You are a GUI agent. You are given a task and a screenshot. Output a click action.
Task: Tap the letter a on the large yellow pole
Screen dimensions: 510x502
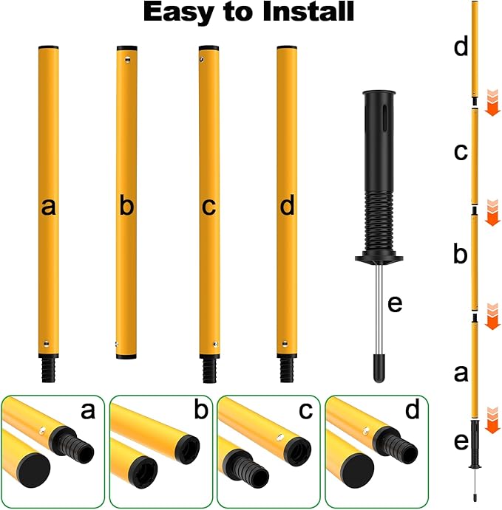pos(49,207)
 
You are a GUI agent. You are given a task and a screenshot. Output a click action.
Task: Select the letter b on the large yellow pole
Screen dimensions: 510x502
pos(126,207)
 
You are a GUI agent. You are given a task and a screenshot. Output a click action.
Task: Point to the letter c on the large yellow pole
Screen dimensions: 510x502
pos(208,207)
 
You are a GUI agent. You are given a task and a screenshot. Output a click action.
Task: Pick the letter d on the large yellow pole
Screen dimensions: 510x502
pos(288,207)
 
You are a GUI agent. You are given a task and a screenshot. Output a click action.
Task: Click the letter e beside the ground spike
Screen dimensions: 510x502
pos(395,303)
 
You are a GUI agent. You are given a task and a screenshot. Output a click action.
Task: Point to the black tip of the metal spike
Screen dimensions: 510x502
pos(379,369)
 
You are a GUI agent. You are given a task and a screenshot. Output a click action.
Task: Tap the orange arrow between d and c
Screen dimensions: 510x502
pos(492,103)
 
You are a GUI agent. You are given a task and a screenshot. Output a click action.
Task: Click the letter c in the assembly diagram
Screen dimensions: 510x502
pos(461,152)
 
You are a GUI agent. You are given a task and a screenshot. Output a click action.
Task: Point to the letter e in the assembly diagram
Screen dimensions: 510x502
pos(461,442)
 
